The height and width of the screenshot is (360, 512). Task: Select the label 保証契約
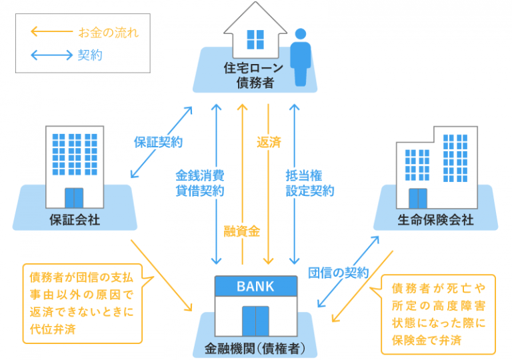coord(158,142)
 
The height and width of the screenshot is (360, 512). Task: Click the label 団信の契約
coord(338,272)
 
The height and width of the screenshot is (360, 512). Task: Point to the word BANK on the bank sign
coord(255,287)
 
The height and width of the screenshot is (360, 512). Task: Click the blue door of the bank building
coord(255,321)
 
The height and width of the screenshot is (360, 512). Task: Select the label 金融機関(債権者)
coord(256,347)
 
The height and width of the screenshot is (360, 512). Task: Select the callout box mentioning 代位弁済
coord(83,303)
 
